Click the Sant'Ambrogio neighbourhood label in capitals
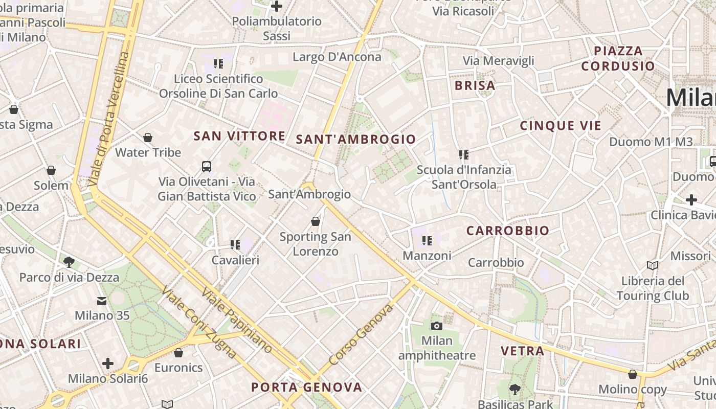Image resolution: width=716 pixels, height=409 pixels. click(356, 139)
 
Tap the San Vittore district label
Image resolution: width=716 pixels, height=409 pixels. click(239, 136)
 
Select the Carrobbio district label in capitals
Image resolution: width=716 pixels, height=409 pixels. click(507, 231)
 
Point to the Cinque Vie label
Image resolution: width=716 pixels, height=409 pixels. click(561, 126)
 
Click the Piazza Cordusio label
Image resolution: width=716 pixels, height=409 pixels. click(618, 58)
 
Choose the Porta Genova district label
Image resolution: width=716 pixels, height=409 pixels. click(306, 387)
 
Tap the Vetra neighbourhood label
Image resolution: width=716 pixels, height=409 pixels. click(522, 351)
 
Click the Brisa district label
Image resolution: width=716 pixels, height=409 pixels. click(475, 86)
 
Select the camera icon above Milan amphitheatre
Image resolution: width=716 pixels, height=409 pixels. click(436, 326)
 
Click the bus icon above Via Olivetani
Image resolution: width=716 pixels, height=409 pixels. click(207, 167)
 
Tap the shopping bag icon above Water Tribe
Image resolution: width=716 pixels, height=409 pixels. click(148, 138)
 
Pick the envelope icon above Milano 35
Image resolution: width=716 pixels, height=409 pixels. click(102, 301)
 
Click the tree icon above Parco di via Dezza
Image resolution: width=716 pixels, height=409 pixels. click(69, 262)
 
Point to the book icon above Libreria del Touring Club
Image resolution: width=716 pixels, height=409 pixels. click(652, 265)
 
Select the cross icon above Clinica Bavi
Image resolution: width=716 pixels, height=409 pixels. click(691, 199)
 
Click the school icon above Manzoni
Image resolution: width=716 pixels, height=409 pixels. click(427, 240)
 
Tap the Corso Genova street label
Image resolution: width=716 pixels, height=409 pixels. click(361, 334)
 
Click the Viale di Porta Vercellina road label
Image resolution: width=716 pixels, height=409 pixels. click(108, 119)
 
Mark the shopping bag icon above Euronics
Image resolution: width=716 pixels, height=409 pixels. click(178, 353)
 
